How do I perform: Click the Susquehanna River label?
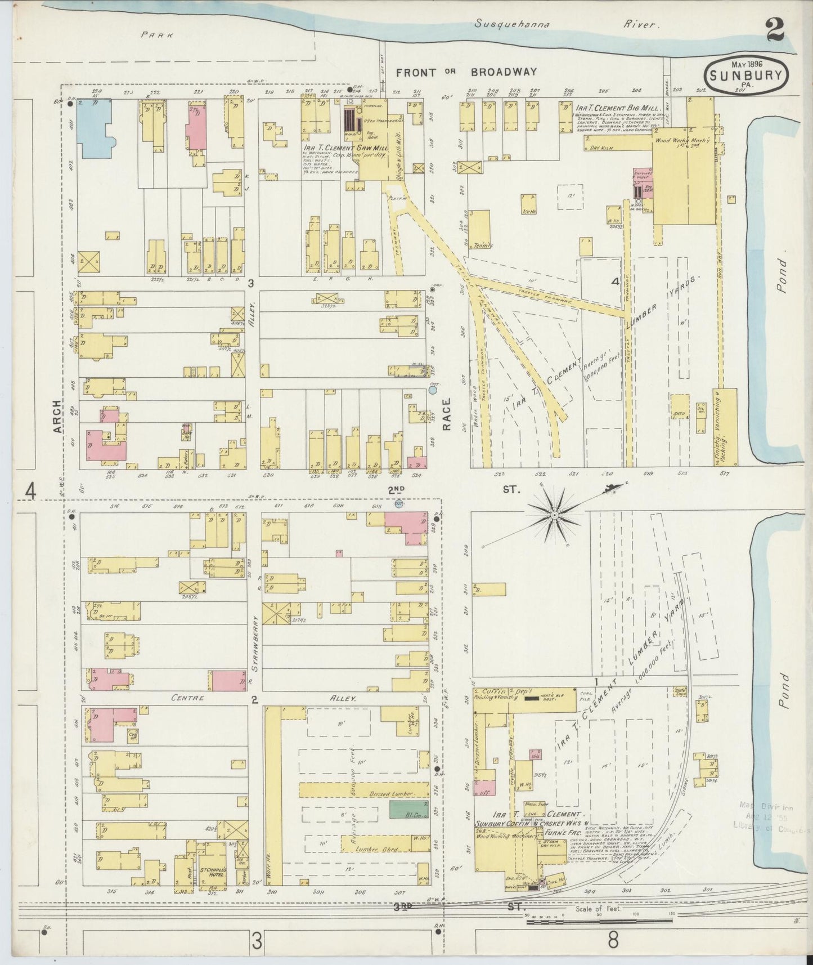click(x=565, y=24)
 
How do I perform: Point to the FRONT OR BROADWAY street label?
click(x=466, y=72)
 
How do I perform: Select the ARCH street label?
click(x=56, y=417)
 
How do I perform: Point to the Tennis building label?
click(x=483, y=245)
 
